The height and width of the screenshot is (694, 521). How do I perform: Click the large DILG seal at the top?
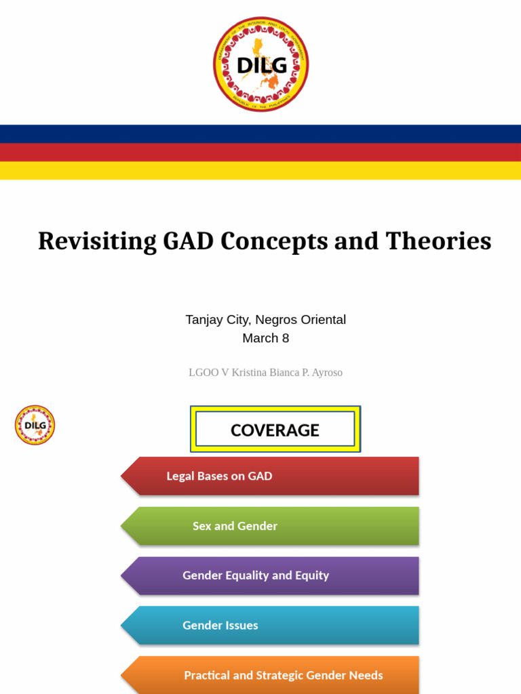click(x=260, y=64)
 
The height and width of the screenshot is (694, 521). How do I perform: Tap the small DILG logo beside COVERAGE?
click(x=35, y=425)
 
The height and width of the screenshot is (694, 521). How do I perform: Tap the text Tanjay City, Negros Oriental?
click(x=265, y=319)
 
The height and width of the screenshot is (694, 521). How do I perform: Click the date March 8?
click(x=265, y=338)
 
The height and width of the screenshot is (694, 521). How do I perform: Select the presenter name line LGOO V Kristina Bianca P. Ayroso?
click(x=265, y=373)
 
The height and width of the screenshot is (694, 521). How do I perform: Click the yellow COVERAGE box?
click(x=275, y=430)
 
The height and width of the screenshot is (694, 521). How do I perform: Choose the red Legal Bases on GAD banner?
click(x=271, y=476)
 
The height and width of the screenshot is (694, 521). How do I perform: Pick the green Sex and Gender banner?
click(x=271, y=526)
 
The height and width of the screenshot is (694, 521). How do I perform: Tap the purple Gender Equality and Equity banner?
click(x=271, y=575)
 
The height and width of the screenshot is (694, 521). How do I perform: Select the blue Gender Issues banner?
click(x=271, y=626)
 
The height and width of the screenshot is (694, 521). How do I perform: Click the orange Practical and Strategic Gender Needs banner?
click(x=271, y=675)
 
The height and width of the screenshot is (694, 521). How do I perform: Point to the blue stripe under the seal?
click(x=260, y=134)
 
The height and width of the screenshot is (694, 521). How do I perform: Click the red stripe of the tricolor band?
click(x=260, y=152)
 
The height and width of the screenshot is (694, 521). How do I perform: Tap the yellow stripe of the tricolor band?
click(x=260, y=170)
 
